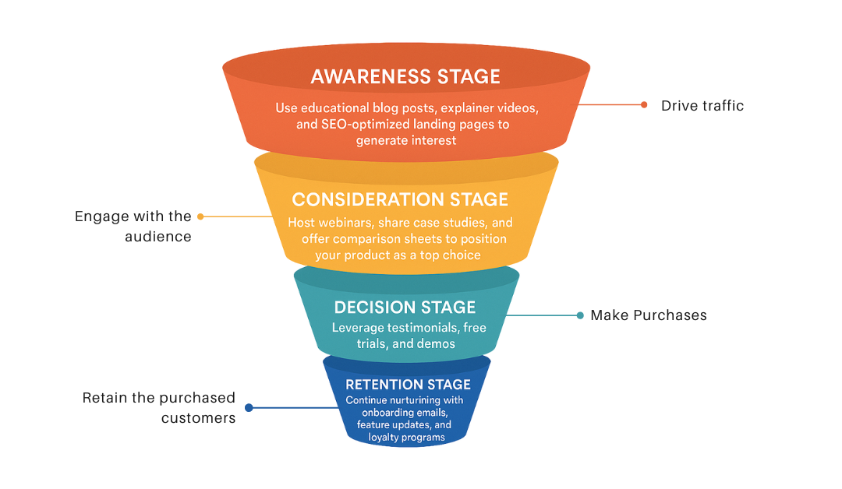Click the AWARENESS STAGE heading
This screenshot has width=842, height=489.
[x=405, y=76]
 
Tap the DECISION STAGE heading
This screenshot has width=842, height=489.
[x=405, y=308]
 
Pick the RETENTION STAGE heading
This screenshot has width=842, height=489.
[x=408, y=385]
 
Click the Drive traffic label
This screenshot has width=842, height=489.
[x=702, y=105]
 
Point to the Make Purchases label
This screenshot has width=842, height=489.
[x=649, y=315]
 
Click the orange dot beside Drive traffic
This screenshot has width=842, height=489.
[x=644, y=105]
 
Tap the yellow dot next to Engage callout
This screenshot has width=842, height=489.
[x=200, y=216]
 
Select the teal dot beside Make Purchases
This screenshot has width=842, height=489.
[x=580, y=315]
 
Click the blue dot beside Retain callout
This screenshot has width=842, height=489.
[x=249, y=407]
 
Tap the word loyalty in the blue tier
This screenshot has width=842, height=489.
[x=373, y=437]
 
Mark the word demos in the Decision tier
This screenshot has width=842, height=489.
[x=439, y=343]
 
